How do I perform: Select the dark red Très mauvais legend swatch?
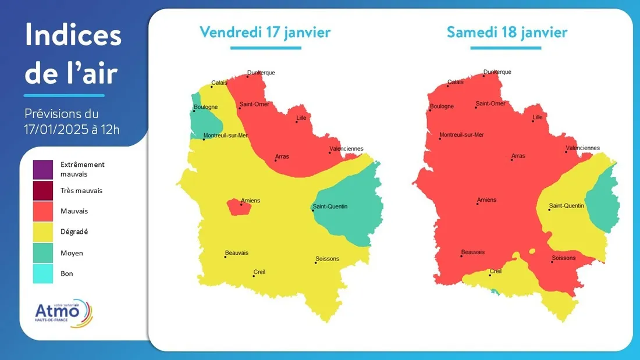click(x=43, y=190)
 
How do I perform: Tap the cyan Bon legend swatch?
click(x=43, y=273)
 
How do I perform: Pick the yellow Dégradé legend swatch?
click(x=43, y=231)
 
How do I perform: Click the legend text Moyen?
click(x=72, y=253)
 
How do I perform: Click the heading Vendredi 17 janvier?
click(x=265, y=32)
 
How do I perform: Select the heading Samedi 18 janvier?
click(x=507, y=32)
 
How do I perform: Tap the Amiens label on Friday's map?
click(x=251, y=201)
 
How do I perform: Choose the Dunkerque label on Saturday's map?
click(x=497, y=72)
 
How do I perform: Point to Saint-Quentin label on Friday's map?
click(x=330, y=206)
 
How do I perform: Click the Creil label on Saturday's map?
click(x=496, y=271)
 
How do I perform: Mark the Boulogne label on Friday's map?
click(x=206, y=107)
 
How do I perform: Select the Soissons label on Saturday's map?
click(x=563, y=258)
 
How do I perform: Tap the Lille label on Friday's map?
click(x=301, y=118)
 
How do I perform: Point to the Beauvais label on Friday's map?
click(x=237, y=252)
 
